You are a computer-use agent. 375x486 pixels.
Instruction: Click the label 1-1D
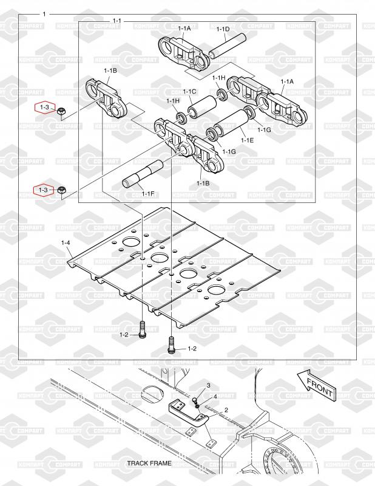(x=223, y=29)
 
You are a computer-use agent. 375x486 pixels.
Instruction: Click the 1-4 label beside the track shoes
(x=66, y=243)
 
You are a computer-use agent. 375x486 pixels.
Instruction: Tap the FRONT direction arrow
(x=315, y=385)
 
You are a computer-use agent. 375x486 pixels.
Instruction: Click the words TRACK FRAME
(x=149, y=463)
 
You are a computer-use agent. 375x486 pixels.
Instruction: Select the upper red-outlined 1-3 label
(x=44, y=108)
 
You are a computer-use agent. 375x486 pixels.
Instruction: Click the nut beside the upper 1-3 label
(x=61, y=111)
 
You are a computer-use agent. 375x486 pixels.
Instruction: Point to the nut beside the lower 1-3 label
(x=62, y=191)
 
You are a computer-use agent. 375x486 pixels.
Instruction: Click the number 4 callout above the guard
(x=214, y=396)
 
